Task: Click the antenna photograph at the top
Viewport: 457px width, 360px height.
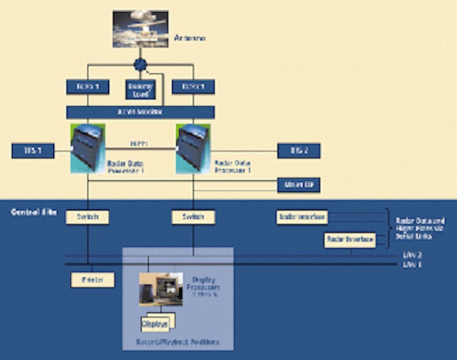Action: coord(140,29)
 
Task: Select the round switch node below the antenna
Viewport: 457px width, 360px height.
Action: coord(140,65)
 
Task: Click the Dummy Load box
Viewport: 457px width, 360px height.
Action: coord(140,89)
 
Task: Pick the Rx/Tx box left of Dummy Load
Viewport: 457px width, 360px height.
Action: coord(87,87)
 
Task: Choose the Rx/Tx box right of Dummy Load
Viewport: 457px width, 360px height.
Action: coord(193,87)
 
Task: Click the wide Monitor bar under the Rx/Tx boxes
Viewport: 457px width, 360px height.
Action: coord(140,112)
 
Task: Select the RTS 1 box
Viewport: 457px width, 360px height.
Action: coord(32,151)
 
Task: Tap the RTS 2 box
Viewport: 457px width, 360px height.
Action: coord(298,151)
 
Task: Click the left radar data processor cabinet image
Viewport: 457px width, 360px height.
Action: coord(88,147)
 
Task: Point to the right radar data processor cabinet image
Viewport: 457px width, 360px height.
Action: coord(193,147)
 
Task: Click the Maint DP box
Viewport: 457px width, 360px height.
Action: coord(298,184)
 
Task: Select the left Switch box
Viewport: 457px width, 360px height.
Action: coord(87,217)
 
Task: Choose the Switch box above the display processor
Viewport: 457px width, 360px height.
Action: coord(193,217)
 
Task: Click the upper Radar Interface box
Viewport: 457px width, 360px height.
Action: coord(302,217)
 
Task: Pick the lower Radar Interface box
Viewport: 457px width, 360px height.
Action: coord(350,240)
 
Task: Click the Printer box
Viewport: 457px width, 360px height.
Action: coord(87,280)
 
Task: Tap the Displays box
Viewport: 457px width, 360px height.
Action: coord(156,322)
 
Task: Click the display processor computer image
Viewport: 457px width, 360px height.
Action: coord(160,289)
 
